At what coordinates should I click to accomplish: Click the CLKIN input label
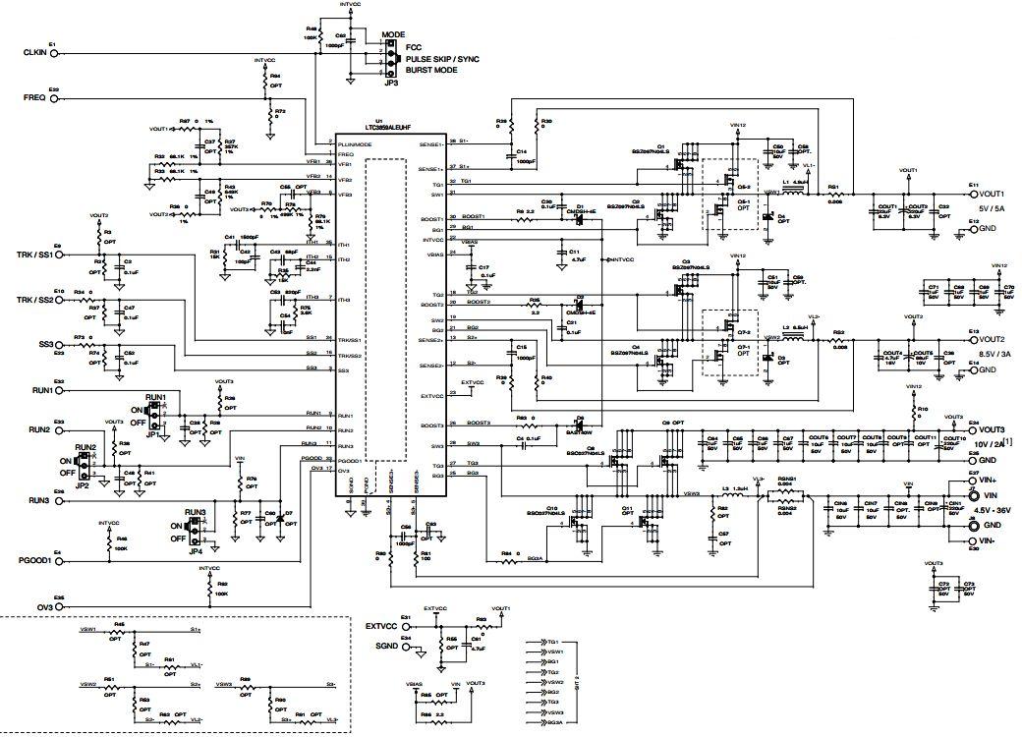point(34,52)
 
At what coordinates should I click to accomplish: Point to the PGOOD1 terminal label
point(36,562)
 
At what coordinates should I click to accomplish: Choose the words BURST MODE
point(431,71)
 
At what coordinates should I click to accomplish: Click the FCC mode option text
point(414,46)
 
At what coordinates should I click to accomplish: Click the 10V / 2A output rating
point(989,445)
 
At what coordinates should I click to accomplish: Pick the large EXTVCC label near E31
point(381,625)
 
